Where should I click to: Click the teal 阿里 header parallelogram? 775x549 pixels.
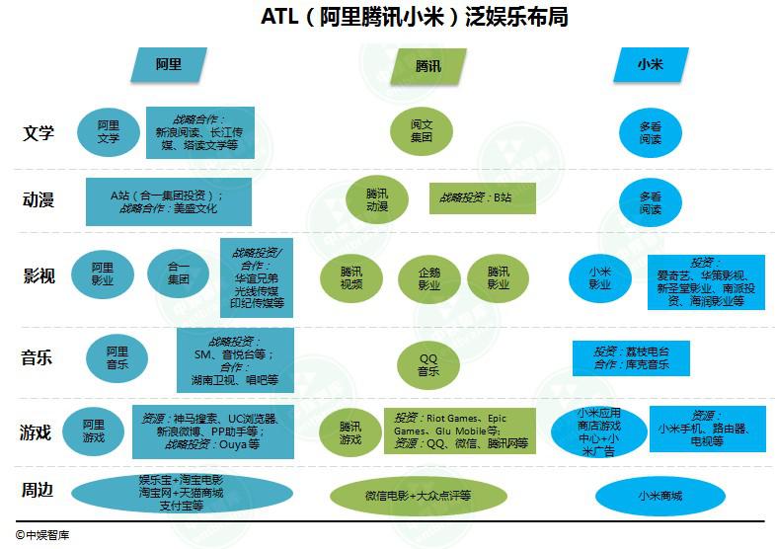tap(169, 64)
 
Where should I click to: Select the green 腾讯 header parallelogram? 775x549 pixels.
tap(428, 66)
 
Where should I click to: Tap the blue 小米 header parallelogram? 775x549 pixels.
tap(651, 64)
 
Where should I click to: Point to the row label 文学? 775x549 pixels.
tap(39, 133)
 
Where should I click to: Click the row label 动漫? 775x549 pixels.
tap(39, 199)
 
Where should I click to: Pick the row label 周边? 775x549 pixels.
tap(38, 490)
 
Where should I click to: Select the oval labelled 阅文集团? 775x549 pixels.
tap(422, 131)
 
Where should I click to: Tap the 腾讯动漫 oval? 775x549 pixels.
tap(377, 199)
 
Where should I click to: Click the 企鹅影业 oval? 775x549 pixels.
tap(429, 279)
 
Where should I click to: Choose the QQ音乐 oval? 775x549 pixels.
tap(428, 365)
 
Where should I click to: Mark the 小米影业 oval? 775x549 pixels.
tap(600, 278)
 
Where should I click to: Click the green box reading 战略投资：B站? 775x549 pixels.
tap(483, 198)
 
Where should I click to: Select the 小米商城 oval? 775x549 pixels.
tap(660, 496)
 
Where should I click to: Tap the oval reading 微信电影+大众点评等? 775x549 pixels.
tap(419, 496)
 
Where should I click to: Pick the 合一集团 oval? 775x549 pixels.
tap(179, 274)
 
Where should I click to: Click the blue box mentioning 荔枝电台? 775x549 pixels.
tap(631, 358)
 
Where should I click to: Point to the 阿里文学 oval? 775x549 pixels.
tap(109, 132)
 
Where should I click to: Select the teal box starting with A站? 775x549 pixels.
tap(169, 201)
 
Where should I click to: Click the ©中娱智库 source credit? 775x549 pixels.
tap(42, 535)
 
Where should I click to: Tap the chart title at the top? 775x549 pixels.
tap(415, 17)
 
